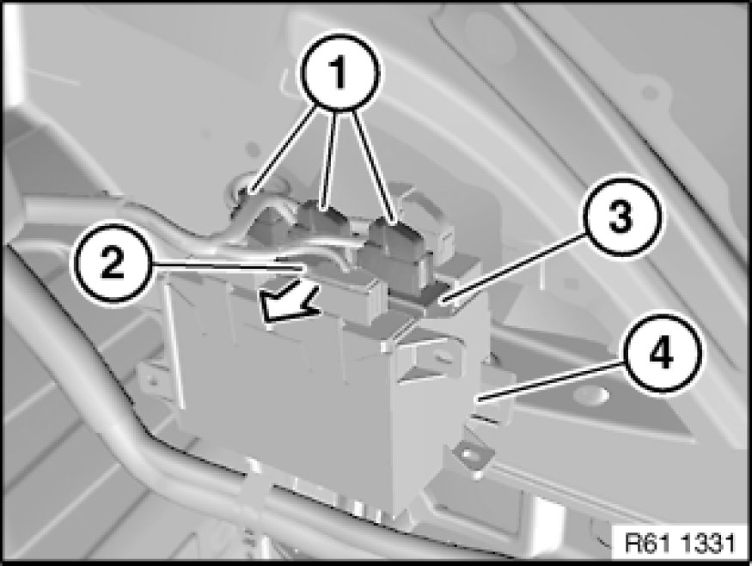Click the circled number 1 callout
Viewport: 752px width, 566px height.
tap(340, 73)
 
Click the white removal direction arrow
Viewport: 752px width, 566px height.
tap(289, 303)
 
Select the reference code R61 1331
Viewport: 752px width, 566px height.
tap(680, 544)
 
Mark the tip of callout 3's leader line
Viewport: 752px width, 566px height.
tap(443, 301)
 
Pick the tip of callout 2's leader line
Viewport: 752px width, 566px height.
tap(303, 270)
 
